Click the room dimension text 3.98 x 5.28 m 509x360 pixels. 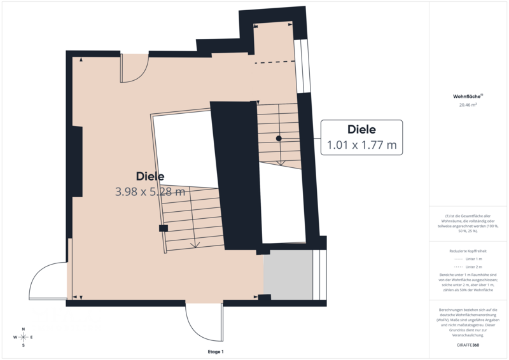click(150, 191)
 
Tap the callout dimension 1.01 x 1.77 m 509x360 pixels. click(361, 145)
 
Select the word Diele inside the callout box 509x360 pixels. click(361, 129)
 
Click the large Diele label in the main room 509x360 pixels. click(150, 176)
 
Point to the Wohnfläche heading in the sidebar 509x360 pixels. click(468, 97)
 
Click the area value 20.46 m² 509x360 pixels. click(468, 105)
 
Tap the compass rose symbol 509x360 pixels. click(24, 337)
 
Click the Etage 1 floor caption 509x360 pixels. click(216, 352)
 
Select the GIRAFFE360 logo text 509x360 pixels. click(468, 345)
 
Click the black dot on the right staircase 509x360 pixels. click(279, 138)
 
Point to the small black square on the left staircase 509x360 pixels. click(164, 228)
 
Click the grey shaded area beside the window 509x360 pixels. click(288, 275)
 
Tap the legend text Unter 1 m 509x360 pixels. click(473, 259)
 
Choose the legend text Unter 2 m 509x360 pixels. click(473, 267)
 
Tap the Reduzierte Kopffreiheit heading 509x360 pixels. click(468, 251)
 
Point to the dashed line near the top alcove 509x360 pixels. click(275, 62)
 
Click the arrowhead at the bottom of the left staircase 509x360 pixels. click(195, 245)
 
